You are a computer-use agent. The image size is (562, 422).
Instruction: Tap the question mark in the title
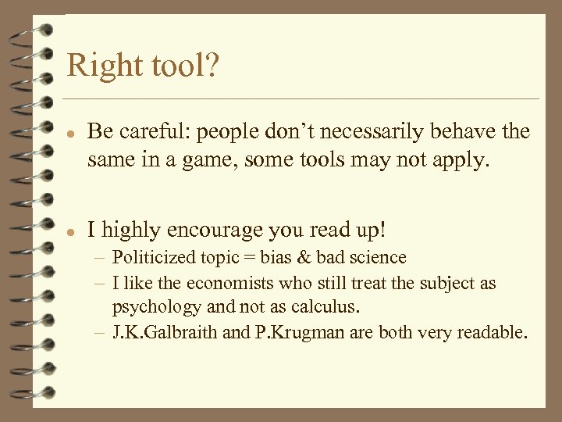tap(212, 66)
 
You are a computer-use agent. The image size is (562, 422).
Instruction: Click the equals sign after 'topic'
tap(249, 258)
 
